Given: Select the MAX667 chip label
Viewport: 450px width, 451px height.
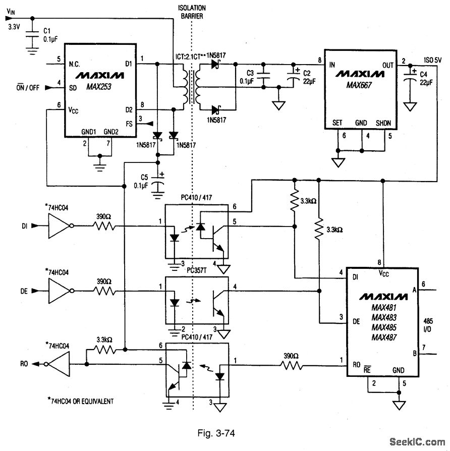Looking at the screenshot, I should pyautogui.click(x=359, y=85).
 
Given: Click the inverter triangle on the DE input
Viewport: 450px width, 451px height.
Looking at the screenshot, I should pyautogui.click(x=60, y=290).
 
